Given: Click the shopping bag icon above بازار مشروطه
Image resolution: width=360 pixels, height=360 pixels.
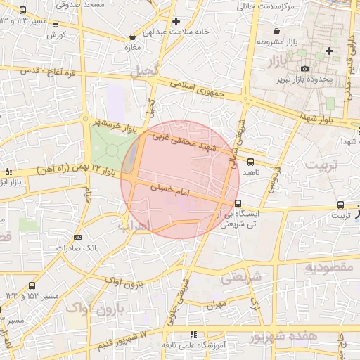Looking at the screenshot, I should tap(277, 32).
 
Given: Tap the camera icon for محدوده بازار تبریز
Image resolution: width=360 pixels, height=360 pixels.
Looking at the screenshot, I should tap(304, 68).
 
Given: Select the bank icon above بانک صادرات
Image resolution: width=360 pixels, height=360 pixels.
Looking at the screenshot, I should tap(77, 237).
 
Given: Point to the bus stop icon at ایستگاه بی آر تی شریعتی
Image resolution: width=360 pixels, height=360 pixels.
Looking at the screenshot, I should tap(238, 205).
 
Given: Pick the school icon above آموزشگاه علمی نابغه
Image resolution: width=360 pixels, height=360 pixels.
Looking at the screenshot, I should tap(193, 335).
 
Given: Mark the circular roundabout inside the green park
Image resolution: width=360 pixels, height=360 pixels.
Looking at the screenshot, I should tap(112, 150).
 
